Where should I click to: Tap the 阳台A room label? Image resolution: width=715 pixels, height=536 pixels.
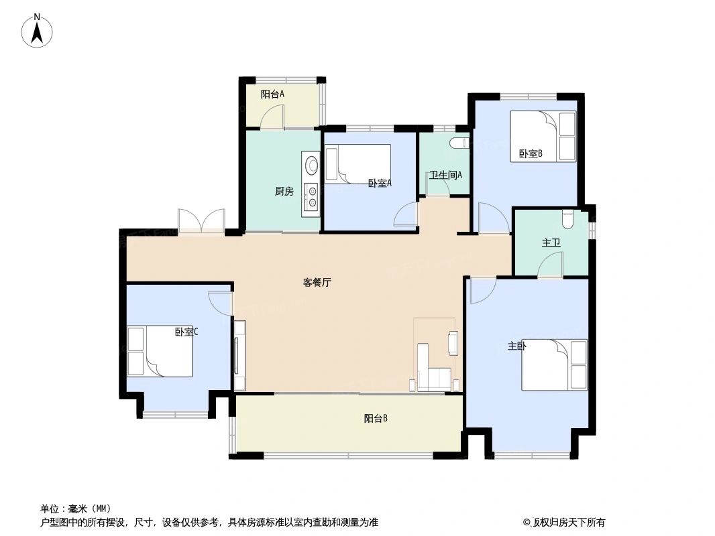272,94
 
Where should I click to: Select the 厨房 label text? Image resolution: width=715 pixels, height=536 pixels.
284,192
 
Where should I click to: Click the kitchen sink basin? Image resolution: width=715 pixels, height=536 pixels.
312,164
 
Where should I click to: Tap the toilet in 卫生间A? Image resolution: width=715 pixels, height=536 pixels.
459,143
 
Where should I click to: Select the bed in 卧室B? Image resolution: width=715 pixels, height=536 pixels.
543,136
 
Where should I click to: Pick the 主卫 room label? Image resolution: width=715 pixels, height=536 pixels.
551,243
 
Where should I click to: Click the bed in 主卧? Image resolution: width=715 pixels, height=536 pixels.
554,364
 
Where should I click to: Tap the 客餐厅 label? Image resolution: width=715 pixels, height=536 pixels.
317,283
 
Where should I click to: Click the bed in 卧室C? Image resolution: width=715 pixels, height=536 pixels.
160,350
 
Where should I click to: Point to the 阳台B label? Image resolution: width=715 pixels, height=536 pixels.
376,419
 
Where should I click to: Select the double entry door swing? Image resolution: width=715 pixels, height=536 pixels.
201,221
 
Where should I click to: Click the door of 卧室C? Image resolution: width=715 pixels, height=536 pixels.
220,304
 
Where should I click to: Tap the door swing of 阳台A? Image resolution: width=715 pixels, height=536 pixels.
272,119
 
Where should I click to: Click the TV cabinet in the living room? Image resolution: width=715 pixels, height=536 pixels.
239,355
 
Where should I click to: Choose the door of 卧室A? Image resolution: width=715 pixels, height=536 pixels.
406,216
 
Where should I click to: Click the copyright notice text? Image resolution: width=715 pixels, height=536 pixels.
564,523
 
